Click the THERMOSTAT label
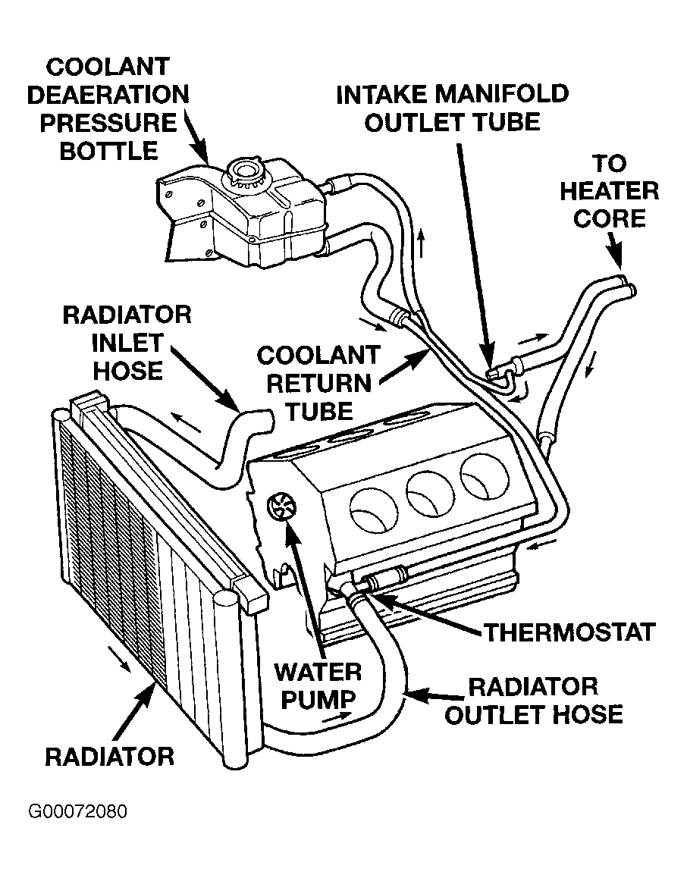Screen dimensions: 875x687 (x=569, y=632)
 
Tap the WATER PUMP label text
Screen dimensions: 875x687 (x=318, y=685)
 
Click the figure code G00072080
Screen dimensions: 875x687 (x=78, y=811)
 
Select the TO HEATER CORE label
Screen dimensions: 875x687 (x=608, y=192)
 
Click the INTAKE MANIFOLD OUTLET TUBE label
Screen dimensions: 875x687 (x=453, y=107)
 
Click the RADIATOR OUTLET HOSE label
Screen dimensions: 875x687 (x=533, y=701)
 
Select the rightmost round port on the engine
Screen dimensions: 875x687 (x=480, y=475)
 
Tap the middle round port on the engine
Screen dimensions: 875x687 (x=428, y=494)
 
